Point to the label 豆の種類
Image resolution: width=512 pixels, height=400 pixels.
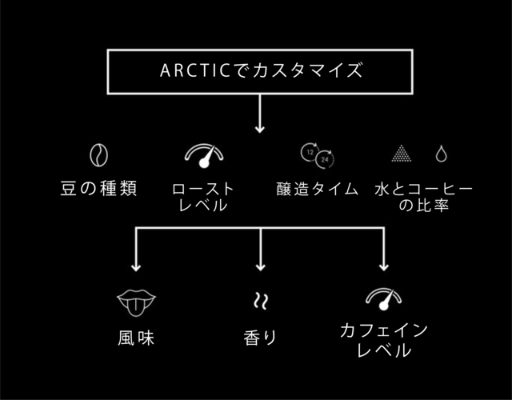[x=98, y=189]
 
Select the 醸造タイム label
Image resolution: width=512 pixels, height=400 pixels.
[x=317, y=189]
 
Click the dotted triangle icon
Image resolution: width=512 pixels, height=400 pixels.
[x=401, y=153]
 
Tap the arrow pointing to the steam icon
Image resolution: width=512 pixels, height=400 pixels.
[x=260, y=252]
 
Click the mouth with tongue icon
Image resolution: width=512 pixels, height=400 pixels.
[x=136, y=302]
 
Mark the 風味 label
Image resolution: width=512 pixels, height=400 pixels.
[x=136, y=338]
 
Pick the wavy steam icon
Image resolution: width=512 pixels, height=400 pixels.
[x=260, y=301]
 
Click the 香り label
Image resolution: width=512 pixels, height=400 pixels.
[x=260, y=338]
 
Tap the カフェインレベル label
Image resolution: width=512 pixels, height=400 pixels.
[x=384, y=340]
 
